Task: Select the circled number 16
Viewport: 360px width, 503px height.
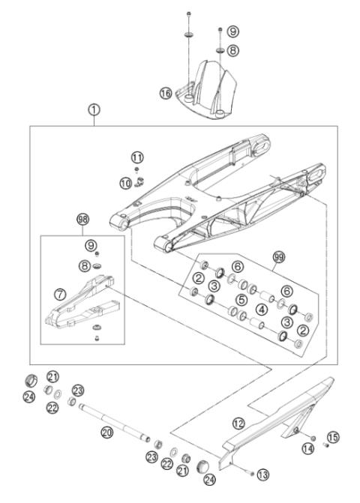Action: pos(166,93)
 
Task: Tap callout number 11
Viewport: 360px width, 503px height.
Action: pos(136,157)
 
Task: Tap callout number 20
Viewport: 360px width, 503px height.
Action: pos(106,432)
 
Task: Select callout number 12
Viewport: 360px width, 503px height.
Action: pos(238,424)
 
